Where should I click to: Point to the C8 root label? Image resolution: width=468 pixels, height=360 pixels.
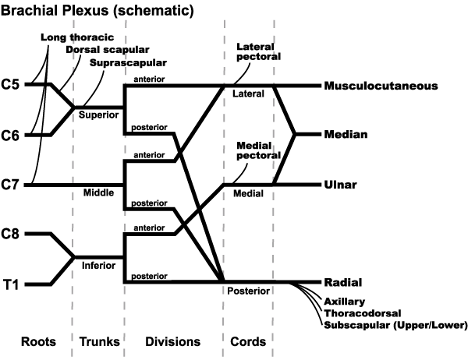point(12,234)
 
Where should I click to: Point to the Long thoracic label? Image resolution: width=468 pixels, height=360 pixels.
point(76,37)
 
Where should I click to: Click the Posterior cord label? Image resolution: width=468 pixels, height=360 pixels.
point(250,291)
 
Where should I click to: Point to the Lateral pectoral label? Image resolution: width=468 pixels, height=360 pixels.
point(257,51)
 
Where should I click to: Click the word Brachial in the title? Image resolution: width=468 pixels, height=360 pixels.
point(31,11)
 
